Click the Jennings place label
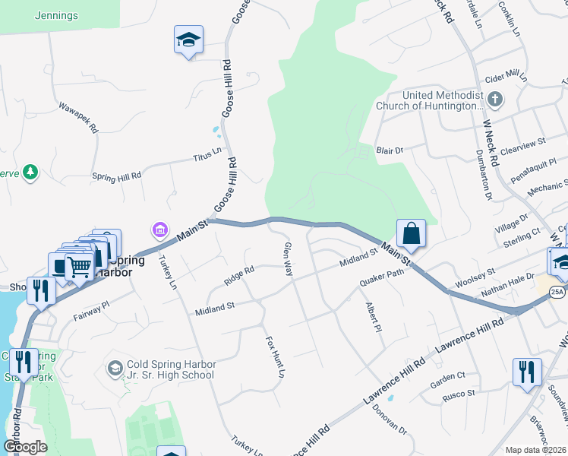(x=56, y=14)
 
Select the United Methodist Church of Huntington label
(x=430, y=100)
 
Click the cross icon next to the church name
(x=495, y=99)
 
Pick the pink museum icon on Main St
(x=159, y=229)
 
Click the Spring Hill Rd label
(x=116, y=176)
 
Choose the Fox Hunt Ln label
(x=274, y=357)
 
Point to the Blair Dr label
(x=390, y=151)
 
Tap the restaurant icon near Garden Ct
(x=525, y=372)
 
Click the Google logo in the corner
(x=25, y=446)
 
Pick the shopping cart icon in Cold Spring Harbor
(x=78, y=266)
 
